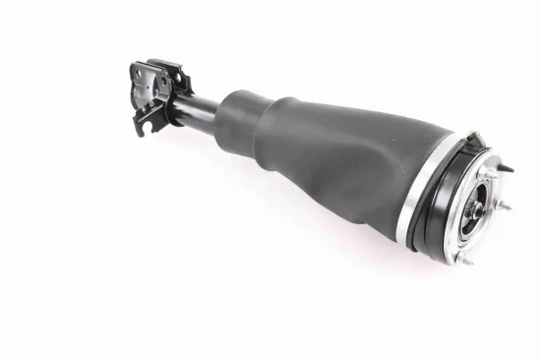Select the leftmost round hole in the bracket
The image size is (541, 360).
[x=139, y=94]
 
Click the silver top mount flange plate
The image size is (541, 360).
[x=472, y=221]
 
